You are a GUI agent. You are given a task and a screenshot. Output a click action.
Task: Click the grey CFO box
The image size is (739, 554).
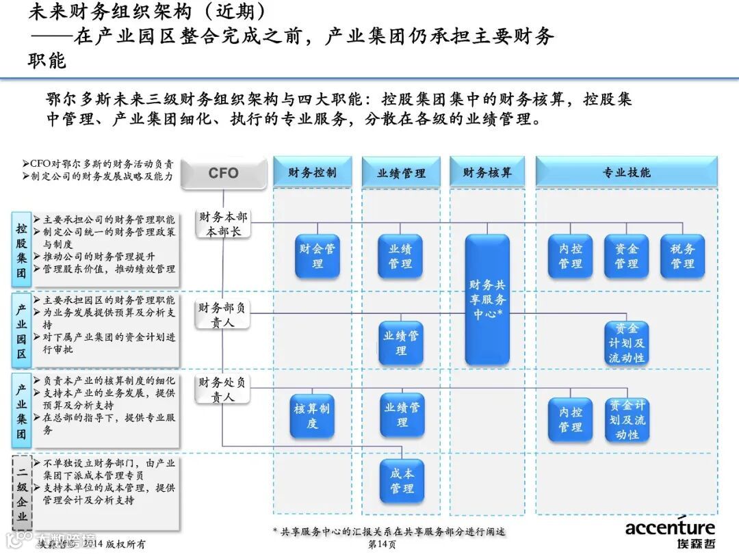[x=223, y=173]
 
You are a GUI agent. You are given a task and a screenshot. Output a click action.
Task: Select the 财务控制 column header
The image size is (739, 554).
[x=312, y=172]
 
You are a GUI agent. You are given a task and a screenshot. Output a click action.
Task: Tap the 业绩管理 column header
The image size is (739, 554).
[x=401, y=173]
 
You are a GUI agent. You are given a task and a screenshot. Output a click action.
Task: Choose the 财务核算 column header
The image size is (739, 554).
[x=487, y=172]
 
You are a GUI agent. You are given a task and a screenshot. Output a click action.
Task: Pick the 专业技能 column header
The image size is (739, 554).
[x=626, y=172]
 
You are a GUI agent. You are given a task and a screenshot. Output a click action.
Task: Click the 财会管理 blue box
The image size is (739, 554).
[x=317, y=256]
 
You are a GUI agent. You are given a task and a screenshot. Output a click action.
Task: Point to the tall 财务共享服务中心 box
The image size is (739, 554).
[x=487, y=300]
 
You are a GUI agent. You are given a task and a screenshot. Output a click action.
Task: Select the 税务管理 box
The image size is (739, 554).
[x=682, y=256]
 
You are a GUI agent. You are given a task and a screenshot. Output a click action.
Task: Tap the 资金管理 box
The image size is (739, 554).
[x=626, y=256]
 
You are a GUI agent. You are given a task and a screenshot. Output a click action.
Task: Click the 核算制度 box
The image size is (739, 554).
[x=312, y=416]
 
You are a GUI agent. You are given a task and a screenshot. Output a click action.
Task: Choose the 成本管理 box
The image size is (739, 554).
[x=402, y=481]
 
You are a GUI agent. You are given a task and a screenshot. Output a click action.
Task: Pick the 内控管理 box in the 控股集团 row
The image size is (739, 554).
[x=570, y=256]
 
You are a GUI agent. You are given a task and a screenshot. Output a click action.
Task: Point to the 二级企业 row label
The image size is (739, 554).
[x=22, y=492]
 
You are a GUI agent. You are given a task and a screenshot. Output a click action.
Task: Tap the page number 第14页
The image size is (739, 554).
[x=382, y=544]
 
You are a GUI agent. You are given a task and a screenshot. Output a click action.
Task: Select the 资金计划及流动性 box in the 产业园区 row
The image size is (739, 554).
[x=626, y=343]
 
